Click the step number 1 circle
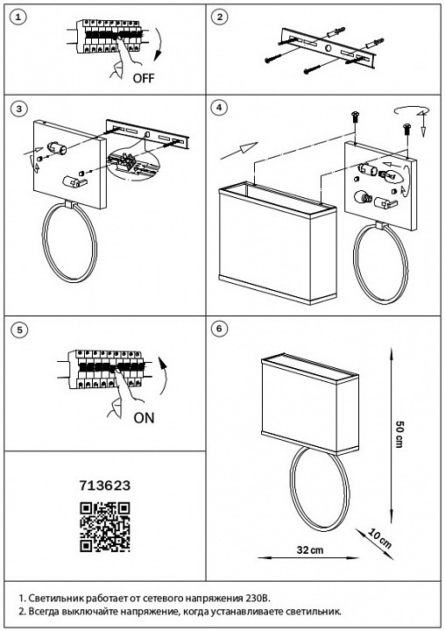[18, 17]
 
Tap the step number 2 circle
[219, 17]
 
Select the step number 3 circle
[18, 109]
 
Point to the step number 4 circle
[219, 108]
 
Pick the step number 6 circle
[219, 329]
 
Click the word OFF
[144, 78]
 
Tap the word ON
[144, 418]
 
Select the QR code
[105, 527]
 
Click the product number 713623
[105, 486]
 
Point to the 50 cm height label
[399, 434]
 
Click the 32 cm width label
[310, 549]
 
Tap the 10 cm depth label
[379, 539]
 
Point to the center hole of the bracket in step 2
[328, 49]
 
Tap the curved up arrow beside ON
[164, 375]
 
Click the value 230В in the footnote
[258, 598]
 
